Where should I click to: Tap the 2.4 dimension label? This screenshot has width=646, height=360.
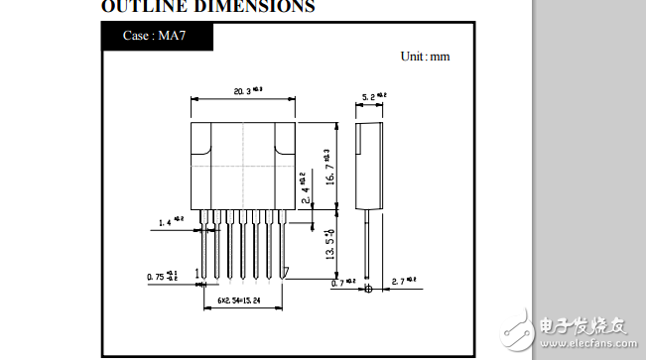point(306,188)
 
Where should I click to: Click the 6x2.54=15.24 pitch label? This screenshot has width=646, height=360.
point(241,297)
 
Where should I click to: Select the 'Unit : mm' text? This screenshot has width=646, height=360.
point(425,56)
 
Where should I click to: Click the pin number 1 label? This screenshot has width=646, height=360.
point(197,273)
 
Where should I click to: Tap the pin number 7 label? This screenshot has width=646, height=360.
point(286,273)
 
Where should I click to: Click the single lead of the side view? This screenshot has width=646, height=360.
point(368,243)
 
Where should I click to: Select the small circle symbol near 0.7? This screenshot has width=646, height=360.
point(368,289)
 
